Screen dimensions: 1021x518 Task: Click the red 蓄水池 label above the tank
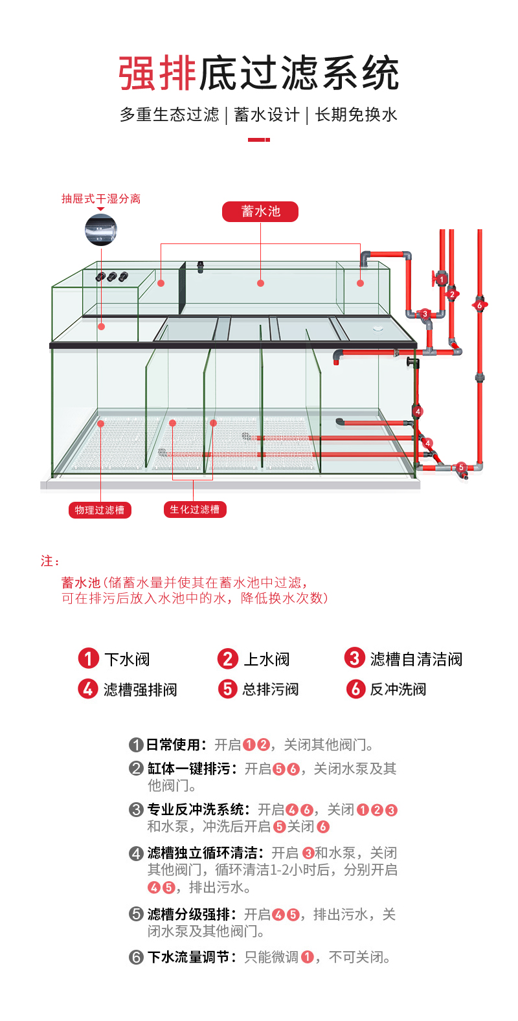(x=260, y=212)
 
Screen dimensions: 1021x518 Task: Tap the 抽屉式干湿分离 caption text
(x=101, y=199)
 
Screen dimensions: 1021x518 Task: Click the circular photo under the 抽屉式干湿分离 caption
(x=101, y=230)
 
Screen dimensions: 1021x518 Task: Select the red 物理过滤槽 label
(x=99, y=510)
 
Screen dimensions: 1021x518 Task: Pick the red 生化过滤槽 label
(x=194, y=510)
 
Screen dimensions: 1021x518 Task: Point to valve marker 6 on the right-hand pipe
(x=480, y=305)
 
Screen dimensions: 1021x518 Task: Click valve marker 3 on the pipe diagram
(x=425, y=314)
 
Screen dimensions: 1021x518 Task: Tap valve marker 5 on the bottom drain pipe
(x=461, y=467)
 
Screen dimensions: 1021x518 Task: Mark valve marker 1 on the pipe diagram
(x=442, y=280)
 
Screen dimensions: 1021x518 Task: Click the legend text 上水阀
(x=267, y=660)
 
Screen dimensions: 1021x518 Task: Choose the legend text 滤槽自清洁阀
(x=416, y=660)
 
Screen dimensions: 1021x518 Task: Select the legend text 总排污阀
(x=271, y=690)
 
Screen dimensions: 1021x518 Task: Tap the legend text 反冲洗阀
(x=398, y=690)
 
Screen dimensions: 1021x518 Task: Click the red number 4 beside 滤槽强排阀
(x=87, y=689)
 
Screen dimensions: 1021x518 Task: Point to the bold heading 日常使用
(x=176, y=745)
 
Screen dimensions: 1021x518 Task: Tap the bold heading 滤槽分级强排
(x=192, y=915)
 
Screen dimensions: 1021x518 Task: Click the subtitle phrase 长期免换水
(x=356, y=115)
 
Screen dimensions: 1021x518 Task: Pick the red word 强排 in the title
(x=157, y=73)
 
